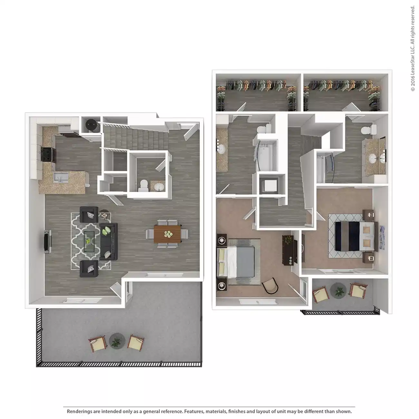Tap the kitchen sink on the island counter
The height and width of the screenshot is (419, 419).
click(x=61, y=177)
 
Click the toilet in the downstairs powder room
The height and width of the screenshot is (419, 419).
click(x=143, y=185)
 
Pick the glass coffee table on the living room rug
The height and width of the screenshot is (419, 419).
click(x=89, y=239)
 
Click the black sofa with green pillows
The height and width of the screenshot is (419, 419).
click(x=109, y=241)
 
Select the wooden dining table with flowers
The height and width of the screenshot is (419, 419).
click(x=168, y=234)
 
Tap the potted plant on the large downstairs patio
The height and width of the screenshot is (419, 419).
click(x=116, y=341)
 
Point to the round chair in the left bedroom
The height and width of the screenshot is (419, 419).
click(x=270, y=285)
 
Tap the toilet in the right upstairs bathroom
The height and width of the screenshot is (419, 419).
click(x=367, y=130)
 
